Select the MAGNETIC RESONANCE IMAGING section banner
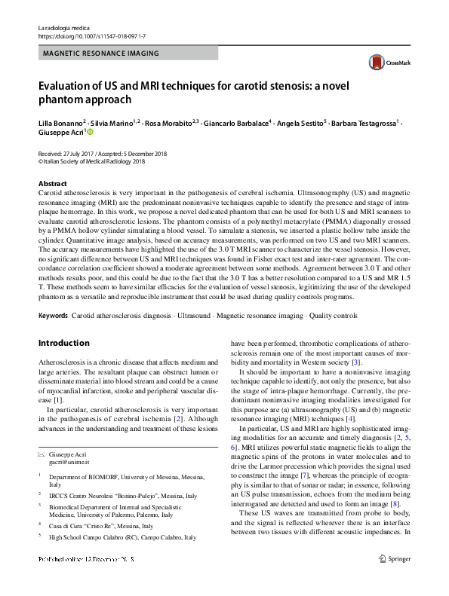click(101, 53)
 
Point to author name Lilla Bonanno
click(66, 121)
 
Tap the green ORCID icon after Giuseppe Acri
click(91, 132)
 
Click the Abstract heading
click(52, 184)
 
